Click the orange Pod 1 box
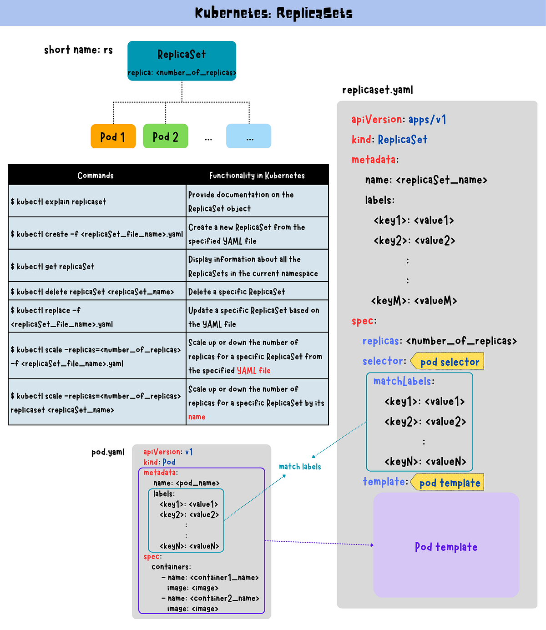point(113,136)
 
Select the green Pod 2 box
point(165,136)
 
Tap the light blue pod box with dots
point(248,136)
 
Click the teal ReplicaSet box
point(182,61)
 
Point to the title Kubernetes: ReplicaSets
point(273,13)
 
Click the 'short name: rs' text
point(78,50)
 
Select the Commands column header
point(96,175)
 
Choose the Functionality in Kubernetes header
point(257,175)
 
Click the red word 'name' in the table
point(197,417)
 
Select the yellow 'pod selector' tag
point(449,362)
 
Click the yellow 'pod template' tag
point(449,483)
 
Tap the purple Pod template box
point(446,546)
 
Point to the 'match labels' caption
point(300,466)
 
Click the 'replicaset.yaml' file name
point(378,90)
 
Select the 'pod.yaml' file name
point(108,452)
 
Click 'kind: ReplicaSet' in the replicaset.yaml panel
point(389,140)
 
